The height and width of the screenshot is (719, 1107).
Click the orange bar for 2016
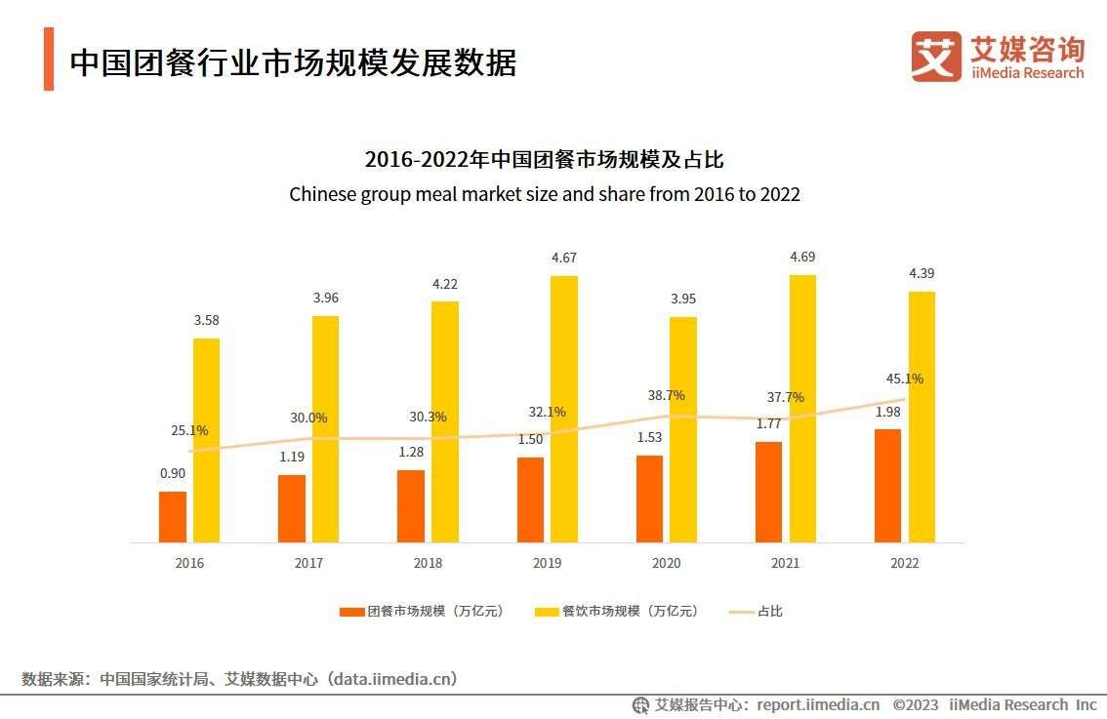pos(173,516)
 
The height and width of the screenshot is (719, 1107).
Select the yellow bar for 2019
pos(564,409)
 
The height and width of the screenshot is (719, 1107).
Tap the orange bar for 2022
pos(887,485)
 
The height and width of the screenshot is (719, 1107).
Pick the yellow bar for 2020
pos(683,429)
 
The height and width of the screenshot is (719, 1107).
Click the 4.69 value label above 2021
pos(801,258)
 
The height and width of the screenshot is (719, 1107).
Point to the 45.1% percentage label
pos(904,379)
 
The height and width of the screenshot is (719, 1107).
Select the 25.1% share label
pos(188,430)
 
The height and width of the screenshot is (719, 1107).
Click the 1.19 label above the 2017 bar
pos(292,457)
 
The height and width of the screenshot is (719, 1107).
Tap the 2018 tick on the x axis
pos(428,563)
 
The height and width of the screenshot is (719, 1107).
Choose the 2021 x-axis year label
pos(785,563)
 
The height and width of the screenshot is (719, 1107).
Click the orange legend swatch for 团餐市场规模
pos(351,612)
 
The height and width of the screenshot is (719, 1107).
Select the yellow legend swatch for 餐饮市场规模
pos(547,612)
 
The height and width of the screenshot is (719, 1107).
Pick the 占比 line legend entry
pos(757,612)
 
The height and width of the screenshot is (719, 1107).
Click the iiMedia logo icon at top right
pos(935,57)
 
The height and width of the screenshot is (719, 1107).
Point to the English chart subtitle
pos(544,194)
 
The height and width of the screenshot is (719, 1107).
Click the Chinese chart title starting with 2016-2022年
pos(544,159)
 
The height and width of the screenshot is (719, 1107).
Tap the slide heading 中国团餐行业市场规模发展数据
pos(293,61)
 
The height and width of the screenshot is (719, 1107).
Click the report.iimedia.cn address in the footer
pos(818,704)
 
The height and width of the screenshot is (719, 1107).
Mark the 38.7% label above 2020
pos(666,395)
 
